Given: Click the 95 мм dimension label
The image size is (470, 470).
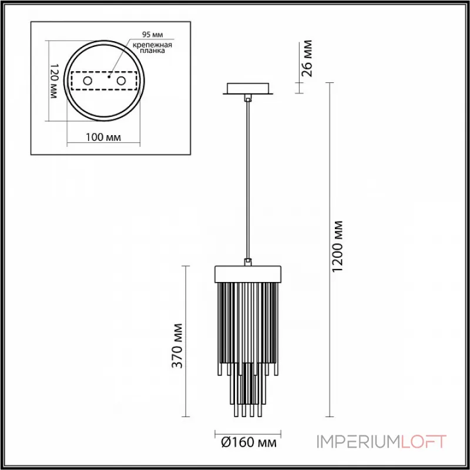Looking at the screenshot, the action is (152, 35).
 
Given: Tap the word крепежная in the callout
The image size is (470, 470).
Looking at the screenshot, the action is (152, 45).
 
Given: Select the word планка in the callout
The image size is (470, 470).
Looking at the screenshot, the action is (153, 51).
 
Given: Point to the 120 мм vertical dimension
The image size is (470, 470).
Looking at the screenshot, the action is (53, 81).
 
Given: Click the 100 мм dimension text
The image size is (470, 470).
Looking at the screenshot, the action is (103, 137).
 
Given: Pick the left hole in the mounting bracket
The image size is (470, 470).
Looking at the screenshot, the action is (88, 80).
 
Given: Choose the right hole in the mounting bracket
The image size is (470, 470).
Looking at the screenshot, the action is (121, 80).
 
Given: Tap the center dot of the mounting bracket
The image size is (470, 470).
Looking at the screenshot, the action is (109, 76).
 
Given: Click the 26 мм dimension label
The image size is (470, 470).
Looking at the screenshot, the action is (307, 58).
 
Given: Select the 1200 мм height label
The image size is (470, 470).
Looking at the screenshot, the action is (337, 246).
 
